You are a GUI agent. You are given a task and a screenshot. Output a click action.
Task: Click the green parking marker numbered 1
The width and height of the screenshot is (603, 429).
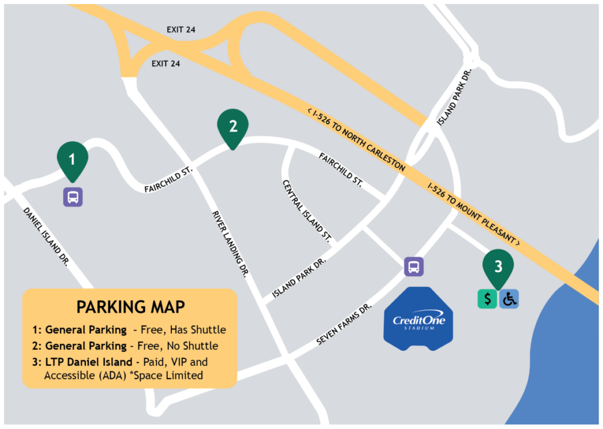(x=72, y=159)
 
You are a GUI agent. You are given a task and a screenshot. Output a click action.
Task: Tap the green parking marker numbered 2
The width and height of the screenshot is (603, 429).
(x=233, y=127)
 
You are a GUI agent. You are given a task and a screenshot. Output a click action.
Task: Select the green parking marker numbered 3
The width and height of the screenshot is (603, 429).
(x=498, y=267)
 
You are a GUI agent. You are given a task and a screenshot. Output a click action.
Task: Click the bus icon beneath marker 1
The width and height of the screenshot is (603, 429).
(x=73, y=197)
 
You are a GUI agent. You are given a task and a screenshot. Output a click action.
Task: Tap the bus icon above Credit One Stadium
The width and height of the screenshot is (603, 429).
(x=414, y=267)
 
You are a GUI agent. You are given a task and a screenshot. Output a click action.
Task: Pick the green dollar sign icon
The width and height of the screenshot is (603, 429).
(x=487, y=299)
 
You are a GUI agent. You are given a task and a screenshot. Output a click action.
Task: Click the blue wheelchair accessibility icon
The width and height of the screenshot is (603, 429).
(x=509, y=299)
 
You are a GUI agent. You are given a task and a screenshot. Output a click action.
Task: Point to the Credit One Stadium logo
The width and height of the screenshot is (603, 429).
(x=419, y=320)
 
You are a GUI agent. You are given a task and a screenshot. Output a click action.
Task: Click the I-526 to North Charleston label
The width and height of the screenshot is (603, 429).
(x=356, y=139)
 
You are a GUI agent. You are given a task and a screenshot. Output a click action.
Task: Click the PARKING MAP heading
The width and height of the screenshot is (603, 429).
(x=131, y=307)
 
